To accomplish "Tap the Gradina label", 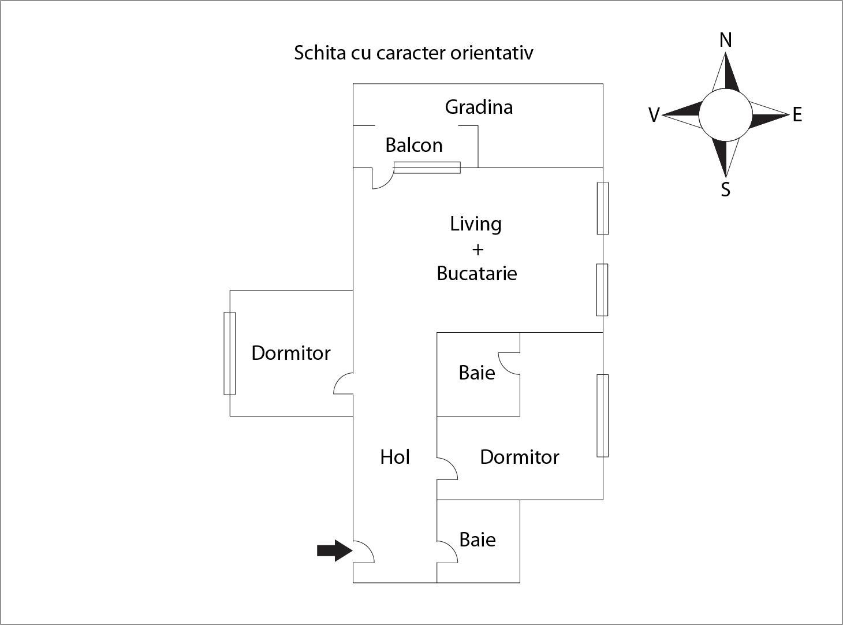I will pos(479,107).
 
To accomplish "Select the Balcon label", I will pos(414,145).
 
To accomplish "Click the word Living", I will pos(476,224).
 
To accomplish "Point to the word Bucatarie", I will pos(476,273).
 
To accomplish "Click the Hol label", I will pos(395,457).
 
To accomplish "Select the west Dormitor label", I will pos(291,353).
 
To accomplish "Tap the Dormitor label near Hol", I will pos(520,457).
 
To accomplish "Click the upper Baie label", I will pos(477,373).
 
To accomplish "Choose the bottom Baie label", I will pos(478,540).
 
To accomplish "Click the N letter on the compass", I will pos(726,40).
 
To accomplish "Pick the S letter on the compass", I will pos(726,189).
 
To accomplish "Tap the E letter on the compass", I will pos(797,115).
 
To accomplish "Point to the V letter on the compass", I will pos(654,116).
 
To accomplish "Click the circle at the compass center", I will pos(726,115).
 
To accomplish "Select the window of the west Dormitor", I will pos(230,354).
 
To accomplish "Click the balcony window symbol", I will pos(427,168).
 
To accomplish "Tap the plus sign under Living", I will pos(478,250).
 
